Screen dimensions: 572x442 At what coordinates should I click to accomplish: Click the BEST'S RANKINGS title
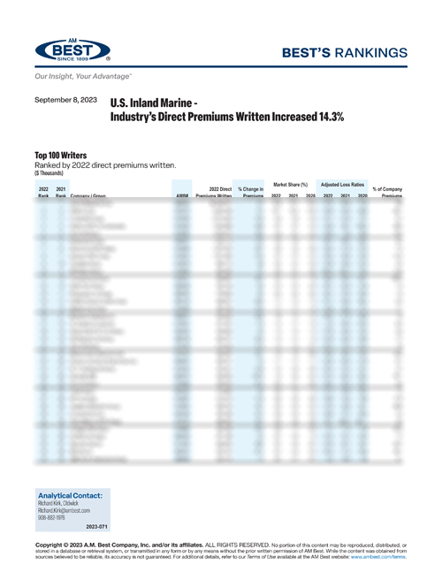point(349,53)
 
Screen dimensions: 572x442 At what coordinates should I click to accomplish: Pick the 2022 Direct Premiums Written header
point(213,192)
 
